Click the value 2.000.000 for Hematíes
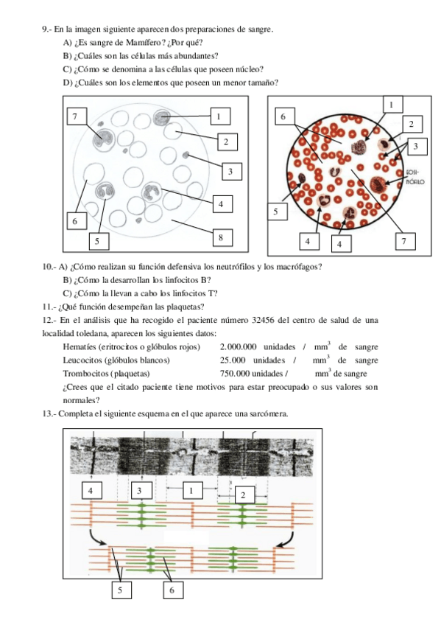(x=238, y=347)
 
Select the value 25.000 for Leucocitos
(x=233, y=360)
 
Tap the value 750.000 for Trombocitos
(x=235, y=374)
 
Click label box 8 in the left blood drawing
(x=221, y=238)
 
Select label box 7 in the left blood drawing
(x=75, y=116)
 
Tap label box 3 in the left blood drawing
(x=230, y=172)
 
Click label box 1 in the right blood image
(x=391, y=105)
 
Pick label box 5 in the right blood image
(x=275, y=212)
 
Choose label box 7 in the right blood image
(x=404, y=241)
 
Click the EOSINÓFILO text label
(x=415, y=177)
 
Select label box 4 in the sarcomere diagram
(x=91, y=491)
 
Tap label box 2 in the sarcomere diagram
(x=243, y=495)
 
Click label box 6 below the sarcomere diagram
(x=172, y=590)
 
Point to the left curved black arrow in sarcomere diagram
(x=97, y=538)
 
